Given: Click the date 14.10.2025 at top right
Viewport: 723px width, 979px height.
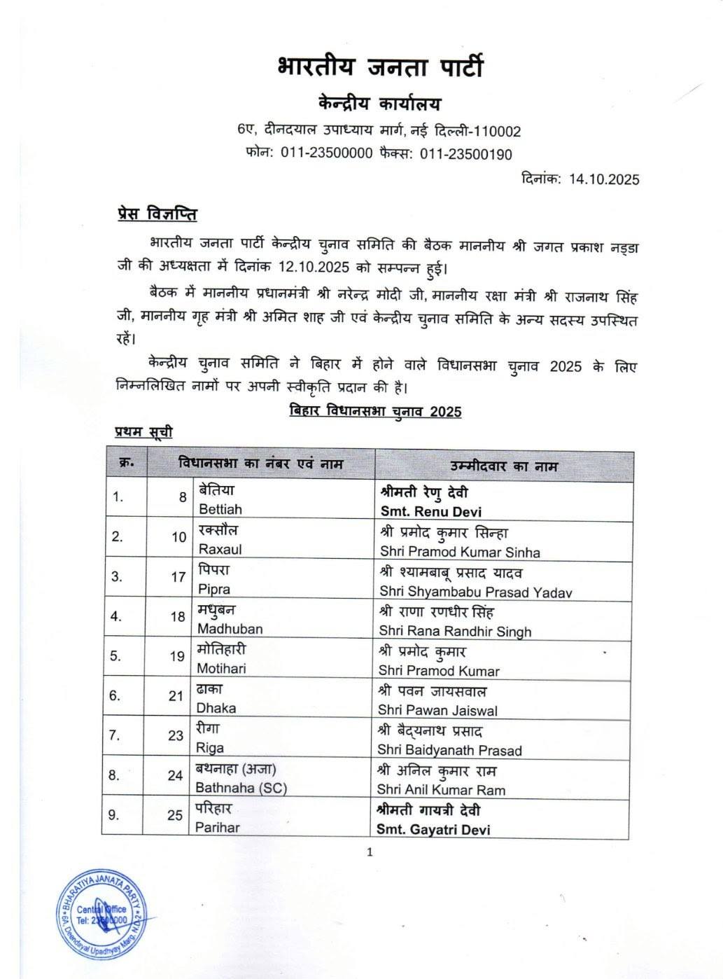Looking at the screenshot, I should tap(604, 179).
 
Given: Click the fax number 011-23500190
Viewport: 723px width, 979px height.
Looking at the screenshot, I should tap(465, 154).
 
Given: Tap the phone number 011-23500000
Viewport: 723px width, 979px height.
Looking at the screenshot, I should tap(326, 154).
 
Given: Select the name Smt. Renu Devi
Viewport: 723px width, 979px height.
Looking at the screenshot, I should tap(430, 511).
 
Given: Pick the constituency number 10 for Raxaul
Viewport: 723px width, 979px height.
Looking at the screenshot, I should tap(179, 537).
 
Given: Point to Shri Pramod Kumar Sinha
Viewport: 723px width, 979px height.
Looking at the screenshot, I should tap(460, 552).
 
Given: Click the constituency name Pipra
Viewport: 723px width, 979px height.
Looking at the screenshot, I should tap(213, 589).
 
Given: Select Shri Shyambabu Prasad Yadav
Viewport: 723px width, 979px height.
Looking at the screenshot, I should tap(475, 592).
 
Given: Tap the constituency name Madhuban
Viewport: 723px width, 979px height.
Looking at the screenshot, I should tap(230, 629).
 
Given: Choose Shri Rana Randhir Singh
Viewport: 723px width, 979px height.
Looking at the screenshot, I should tap(455, 631).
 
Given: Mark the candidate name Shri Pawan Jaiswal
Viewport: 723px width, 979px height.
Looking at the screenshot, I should tap(437, 710).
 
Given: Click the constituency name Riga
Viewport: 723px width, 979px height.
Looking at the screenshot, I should tap(210, 747).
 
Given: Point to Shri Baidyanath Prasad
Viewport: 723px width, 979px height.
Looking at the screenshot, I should tap(449, 750).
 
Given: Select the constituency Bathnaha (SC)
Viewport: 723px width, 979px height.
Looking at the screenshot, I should tap(241, 787).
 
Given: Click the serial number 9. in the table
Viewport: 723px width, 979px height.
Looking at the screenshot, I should tap(115, 815).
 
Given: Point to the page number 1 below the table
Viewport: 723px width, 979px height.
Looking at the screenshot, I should tap(370, 852).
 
